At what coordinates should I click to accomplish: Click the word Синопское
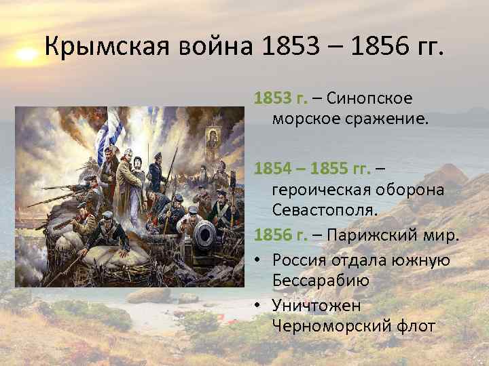pos(369,98)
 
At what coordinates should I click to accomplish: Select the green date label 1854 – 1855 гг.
pos(312,167)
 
